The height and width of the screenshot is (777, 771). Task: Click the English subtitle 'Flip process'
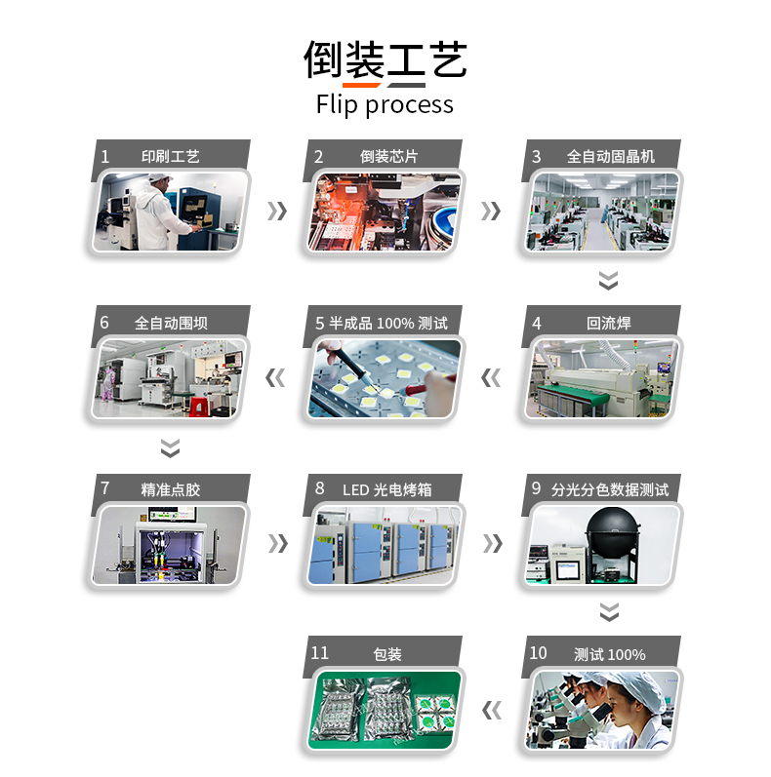tap(385, 105)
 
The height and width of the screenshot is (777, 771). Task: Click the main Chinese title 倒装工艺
tap(385, 60)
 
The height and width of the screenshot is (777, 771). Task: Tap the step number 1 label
tap(104, 157)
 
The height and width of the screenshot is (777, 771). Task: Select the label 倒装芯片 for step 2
tap(389, 157)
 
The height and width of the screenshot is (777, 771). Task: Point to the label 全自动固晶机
tap(611, 157)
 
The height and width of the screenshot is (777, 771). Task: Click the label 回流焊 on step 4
tap(609, 323)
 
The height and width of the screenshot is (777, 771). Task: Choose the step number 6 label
tap(104, 323)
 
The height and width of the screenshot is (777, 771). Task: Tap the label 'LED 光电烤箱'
tap(387, 489)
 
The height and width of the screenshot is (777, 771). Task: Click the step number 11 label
tap(319, 653)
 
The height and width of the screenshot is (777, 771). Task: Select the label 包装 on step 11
tap(387, 654)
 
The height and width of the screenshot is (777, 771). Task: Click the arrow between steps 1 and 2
tap(277, 212)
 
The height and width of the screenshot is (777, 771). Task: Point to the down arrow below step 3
tap(608, 281)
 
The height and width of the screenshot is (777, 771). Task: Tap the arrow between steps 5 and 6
tap(275, 377)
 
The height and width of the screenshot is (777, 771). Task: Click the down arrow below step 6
tap(170, 447)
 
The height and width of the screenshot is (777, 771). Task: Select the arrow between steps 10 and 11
tap(492, 711)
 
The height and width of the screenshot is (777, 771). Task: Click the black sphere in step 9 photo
tap(612, 531)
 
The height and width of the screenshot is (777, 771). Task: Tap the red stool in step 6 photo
tap(198, 407)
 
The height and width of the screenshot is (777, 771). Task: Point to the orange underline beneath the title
tap(361, 85)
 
